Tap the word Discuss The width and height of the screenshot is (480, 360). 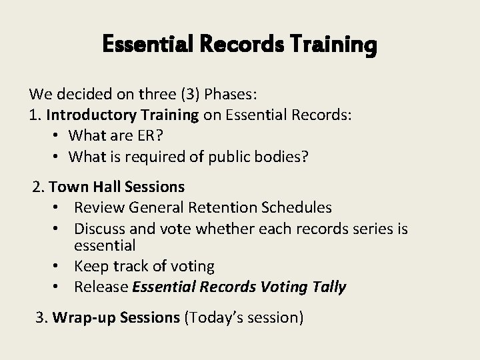[99, 229]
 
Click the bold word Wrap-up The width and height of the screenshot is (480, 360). [83, 318]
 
